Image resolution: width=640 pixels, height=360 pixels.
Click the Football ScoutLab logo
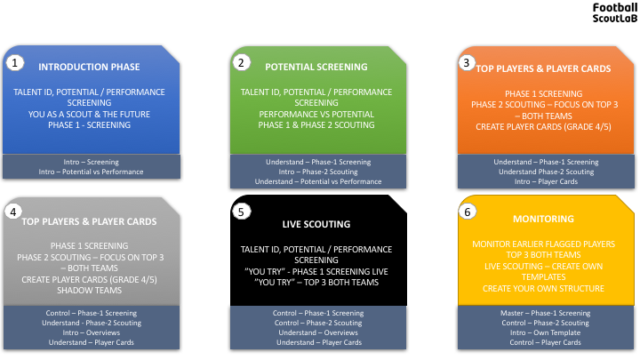pyautogui.click(x=615, y=12)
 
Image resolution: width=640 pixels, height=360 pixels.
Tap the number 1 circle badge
pyautogui.click(x=15, y=63)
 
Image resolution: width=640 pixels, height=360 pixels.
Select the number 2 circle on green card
pyautogui.click(x=241, y=62)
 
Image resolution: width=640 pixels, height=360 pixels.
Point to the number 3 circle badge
pyautogui.click(x=467, y=62)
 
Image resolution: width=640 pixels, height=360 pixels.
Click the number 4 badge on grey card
pyautogui.click(x=13, y=212)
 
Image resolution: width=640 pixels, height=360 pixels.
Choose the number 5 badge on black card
pyautogui.click(x=241, y=212)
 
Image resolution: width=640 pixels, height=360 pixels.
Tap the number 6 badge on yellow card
pyautogui.click(x=468, y=212)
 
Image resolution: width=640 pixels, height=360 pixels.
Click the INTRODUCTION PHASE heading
pyautogui.click(x=89, y=67)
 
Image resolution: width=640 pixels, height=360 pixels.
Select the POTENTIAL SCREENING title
pyautogui.click(x=316, y=67)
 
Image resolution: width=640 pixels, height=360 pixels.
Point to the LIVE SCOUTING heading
pyautogui.click(x=316, y=224)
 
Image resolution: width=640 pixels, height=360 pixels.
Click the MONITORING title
pyautogui.click(x=543, y=219)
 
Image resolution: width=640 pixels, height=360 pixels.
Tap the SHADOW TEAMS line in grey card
pyautogui.click(x=90, y=290)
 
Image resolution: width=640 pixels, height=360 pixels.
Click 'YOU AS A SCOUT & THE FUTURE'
pyautogui.click(x=89, y=115)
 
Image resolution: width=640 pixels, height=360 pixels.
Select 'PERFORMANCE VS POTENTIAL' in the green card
pyautogui.click(x=316, y=115)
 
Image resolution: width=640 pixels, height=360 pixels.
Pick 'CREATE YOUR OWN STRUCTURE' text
pyautogui.click(x=543, y=289)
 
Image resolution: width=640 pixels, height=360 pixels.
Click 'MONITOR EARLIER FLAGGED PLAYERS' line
pyautogui.click(x=543, y=244)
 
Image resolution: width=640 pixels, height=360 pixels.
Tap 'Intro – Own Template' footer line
pyautogui.click(x=545, y=332)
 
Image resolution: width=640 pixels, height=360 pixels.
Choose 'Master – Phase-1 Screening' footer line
pyautogui.click(x=545, y=313)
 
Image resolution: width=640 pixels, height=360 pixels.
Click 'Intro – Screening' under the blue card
pyautogui.click(x=91, y=162)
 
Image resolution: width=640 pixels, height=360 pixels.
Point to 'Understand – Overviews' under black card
pyautogui.click(x=318, y=332)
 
